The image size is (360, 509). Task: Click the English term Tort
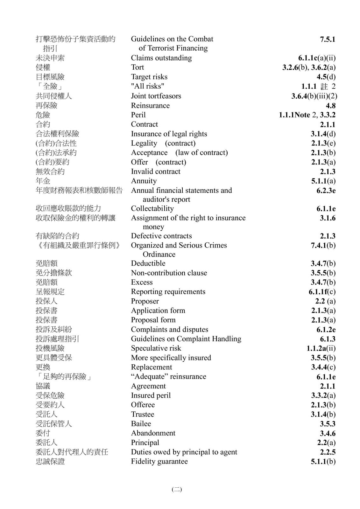137,67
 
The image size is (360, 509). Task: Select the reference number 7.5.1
328,39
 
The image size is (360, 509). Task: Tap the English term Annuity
144,181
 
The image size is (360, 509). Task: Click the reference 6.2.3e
326,191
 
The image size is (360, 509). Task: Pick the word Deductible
148,263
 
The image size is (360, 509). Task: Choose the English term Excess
142,282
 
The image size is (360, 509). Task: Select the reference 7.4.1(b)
323,245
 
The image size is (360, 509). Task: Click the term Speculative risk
156,348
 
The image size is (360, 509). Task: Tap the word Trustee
142,415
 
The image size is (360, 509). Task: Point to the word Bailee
141,424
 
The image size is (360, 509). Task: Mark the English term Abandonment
153,433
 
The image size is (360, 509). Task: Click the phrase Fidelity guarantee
159,462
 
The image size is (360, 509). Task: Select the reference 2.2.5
328,452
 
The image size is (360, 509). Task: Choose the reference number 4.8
330,106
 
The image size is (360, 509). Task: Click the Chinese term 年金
43,181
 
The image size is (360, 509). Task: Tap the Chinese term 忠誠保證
50,462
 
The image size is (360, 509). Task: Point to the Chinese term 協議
43,386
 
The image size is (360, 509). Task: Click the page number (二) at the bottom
177,490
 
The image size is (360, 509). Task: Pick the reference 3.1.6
328,218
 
